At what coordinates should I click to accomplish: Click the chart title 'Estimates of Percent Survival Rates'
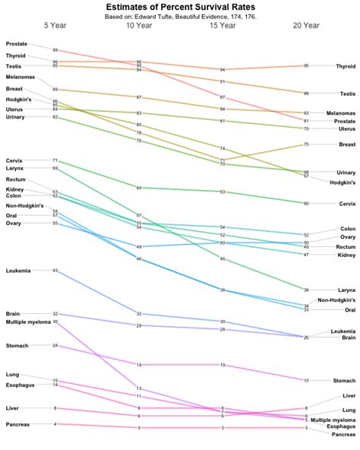coord(180,7)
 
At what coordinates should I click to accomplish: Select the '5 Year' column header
coord(55,26)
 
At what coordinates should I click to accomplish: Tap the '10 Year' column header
coord(139,26)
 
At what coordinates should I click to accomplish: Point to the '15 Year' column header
coord(223,26)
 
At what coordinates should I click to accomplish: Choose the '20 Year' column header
coord(306,26)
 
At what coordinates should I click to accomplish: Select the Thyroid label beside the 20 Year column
coord(345,66)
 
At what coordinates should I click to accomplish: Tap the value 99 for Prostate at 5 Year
coord(55,50)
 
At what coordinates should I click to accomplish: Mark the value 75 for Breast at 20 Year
coord(306,144)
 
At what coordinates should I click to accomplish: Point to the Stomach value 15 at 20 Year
coord(306,380)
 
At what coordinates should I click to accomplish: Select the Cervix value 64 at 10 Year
coord(139,187)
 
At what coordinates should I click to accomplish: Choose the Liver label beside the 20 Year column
coord(349,395)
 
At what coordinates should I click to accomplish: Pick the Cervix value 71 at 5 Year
coord(55,161)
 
